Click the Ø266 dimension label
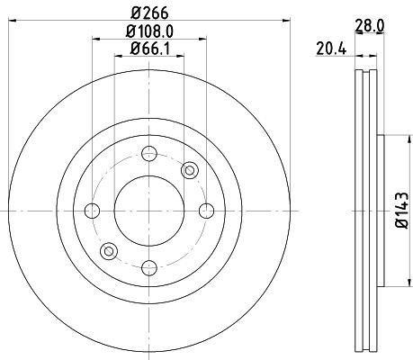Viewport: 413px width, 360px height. (x=149, y=13)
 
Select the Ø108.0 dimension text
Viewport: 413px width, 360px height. (x=149, y=31)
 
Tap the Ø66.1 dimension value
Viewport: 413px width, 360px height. (x=149, y=49)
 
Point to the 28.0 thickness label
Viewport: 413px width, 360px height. (x=370, y=26)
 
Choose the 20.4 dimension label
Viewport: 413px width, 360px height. (x=331, y=49)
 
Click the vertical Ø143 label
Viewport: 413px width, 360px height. (x=402, y=211)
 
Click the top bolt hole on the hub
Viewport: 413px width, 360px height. (x=149, y=154)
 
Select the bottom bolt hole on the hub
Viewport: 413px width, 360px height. (x=149, y=268)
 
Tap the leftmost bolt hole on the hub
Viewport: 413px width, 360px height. (x=92, y=211)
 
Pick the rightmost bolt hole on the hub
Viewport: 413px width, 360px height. (x=206, y=211)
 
